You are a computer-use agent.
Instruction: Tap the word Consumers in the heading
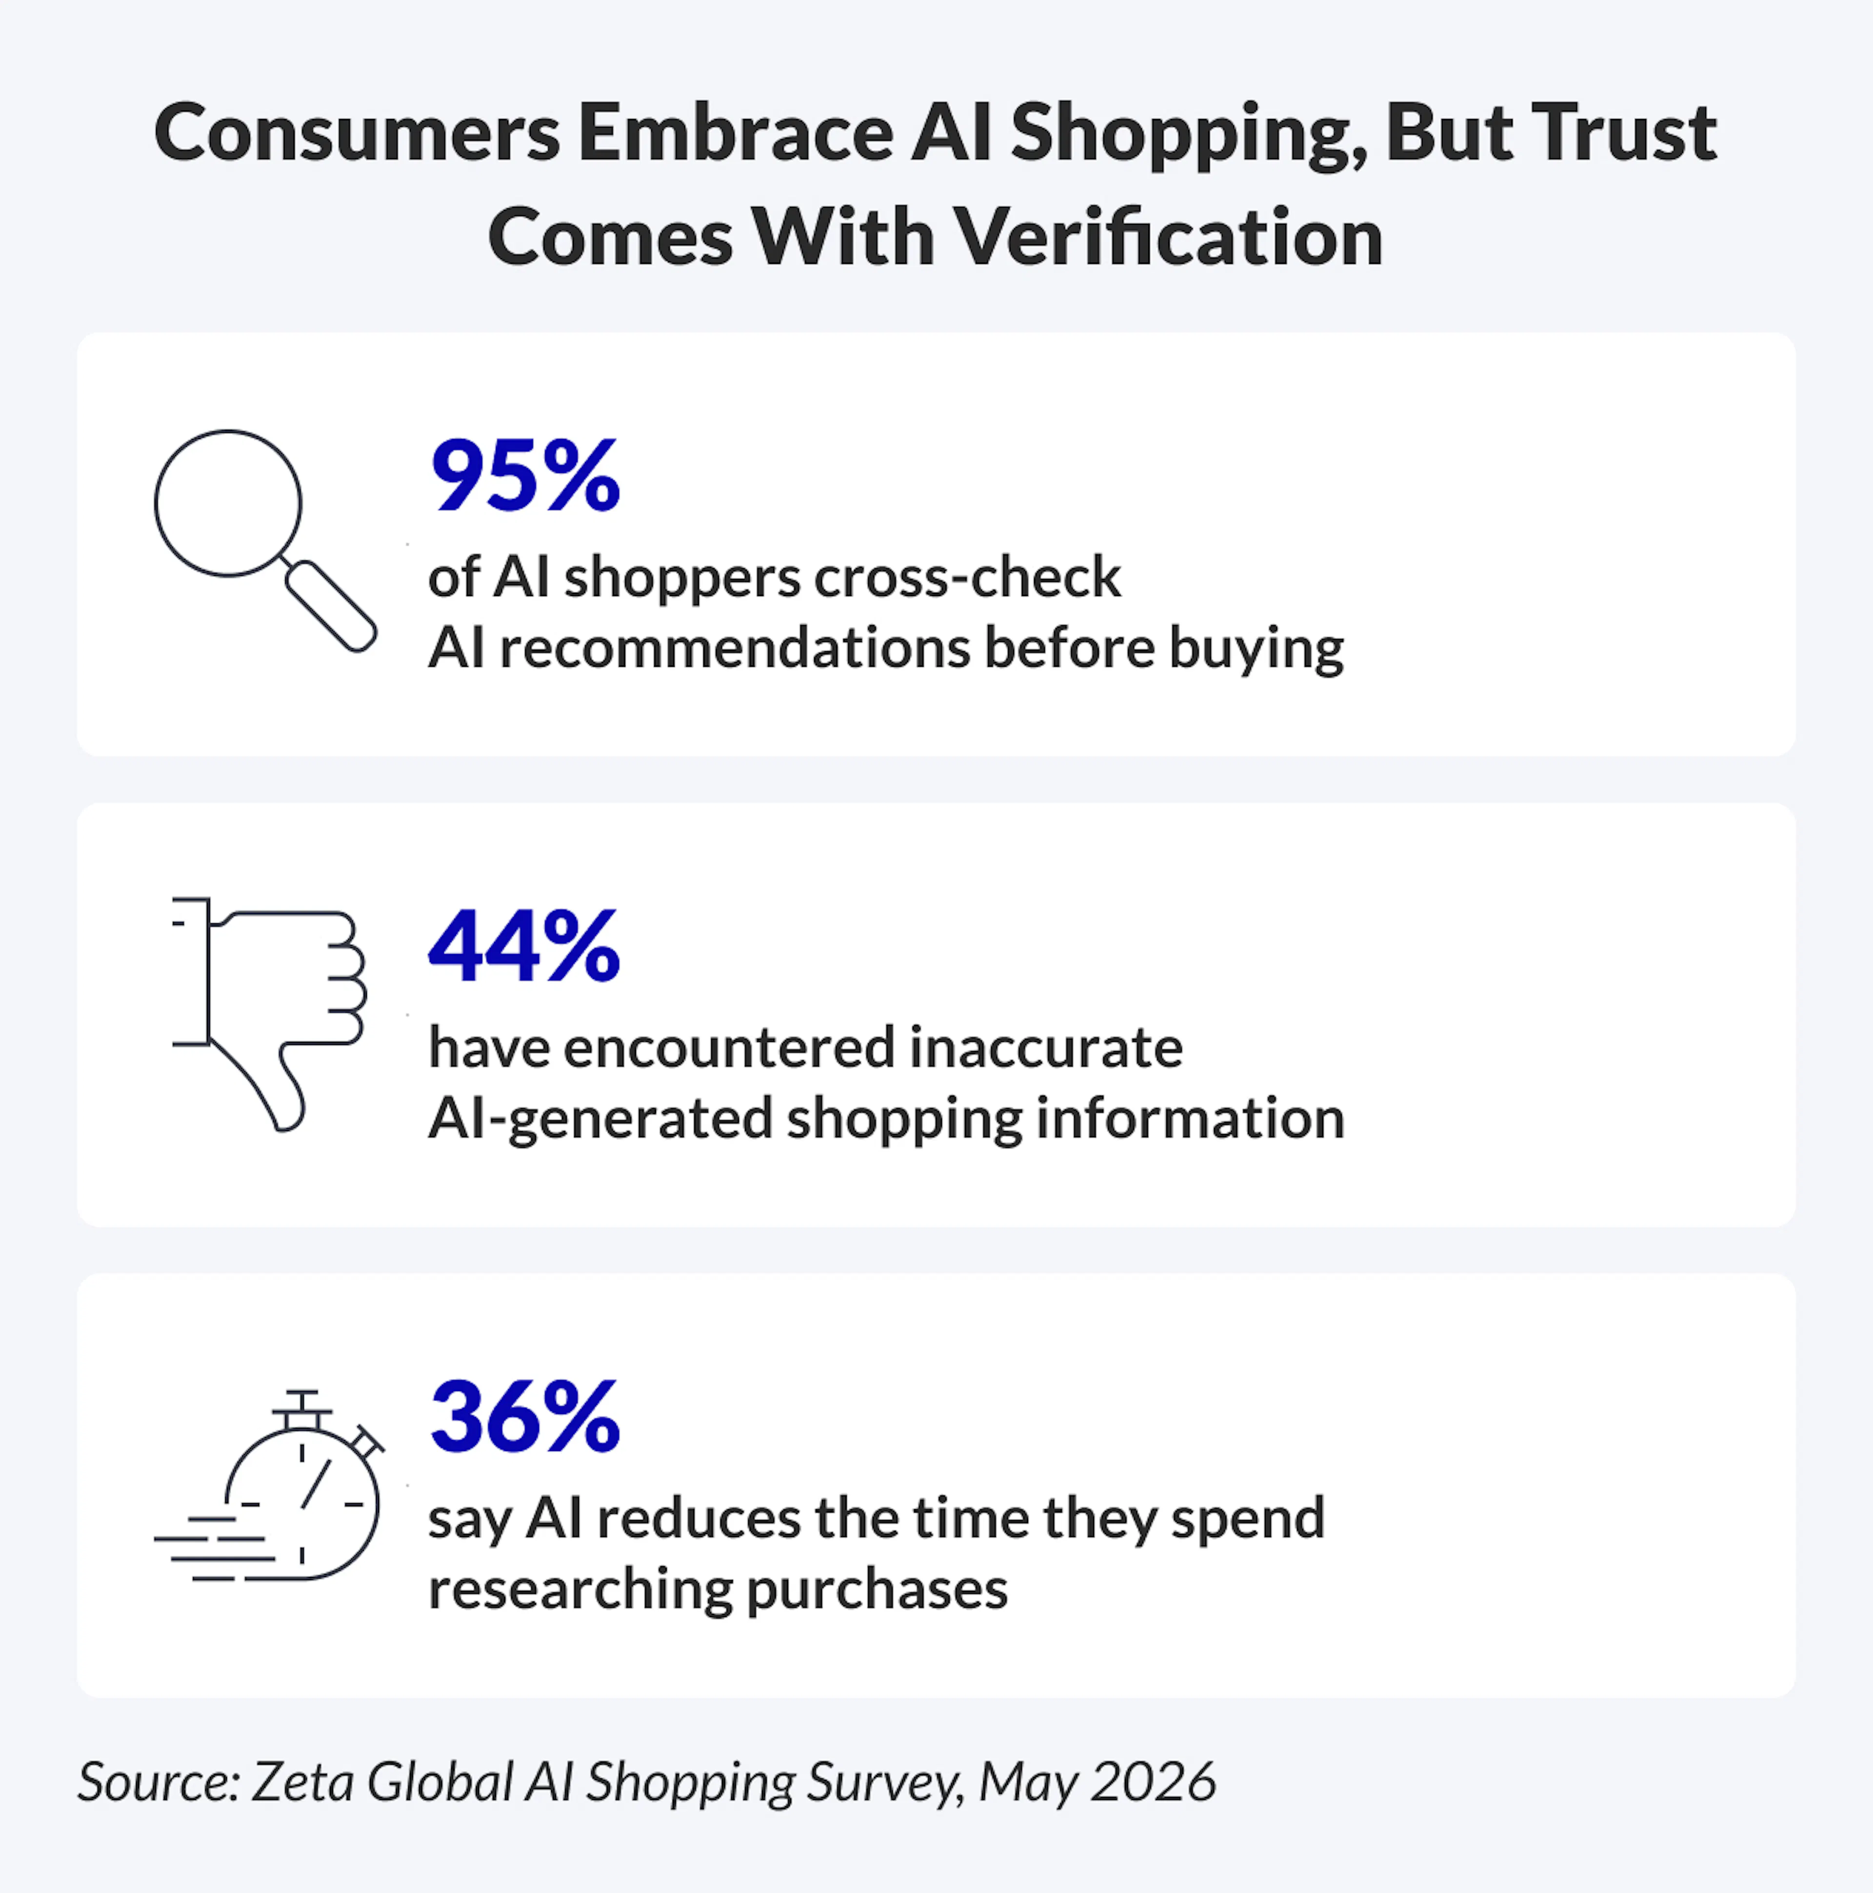(x=357, y=133)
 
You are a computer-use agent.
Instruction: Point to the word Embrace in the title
(x=735, y=133)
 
